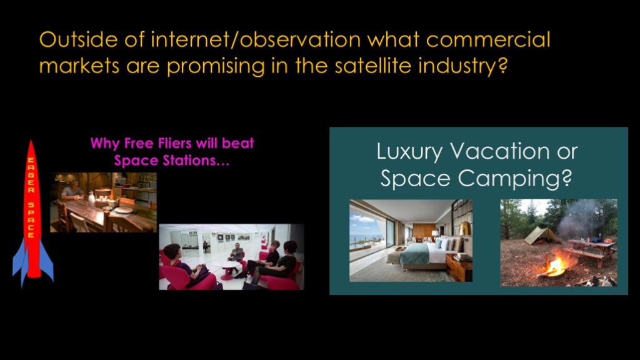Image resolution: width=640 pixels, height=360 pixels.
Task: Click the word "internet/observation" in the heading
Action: (256, 39)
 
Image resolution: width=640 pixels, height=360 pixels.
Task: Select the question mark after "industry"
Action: (502, 66)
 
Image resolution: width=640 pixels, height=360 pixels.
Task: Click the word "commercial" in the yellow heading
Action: (487, 39)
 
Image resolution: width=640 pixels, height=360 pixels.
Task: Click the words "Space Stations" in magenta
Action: (168, 161)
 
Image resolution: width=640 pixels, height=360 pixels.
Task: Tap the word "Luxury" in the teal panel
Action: (409, 152)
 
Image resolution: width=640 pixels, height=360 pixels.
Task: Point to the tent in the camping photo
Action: (541, 236)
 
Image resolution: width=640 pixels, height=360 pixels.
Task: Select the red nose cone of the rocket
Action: (31, 151)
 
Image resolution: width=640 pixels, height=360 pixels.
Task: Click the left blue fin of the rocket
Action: (19, 264)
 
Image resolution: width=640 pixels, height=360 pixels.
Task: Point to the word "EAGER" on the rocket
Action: (31, 176)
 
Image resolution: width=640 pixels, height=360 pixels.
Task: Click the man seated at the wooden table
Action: (72, 190)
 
